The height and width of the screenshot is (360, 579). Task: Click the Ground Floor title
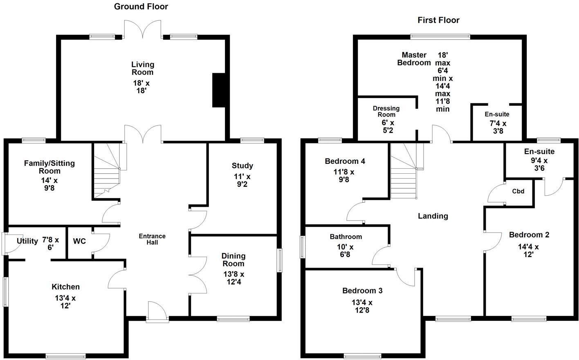pos(141,7)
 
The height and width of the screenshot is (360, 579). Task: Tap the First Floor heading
pos(438,20)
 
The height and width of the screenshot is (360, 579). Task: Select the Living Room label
pos(142,68)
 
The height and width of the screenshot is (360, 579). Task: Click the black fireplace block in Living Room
pos(219,90)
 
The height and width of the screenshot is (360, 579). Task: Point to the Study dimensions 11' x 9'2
pos(242,180)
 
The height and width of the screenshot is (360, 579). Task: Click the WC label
pos(79,241)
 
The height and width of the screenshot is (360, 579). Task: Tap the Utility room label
pos(27,241)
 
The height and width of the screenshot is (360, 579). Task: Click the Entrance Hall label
pos(152,239)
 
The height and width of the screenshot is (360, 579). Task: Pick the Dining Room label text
pos(233,259)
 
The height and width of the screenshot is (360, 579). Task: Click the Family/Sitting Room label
pos(49,167)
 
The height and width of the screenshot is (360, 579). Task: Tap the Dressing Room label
pos(386,112)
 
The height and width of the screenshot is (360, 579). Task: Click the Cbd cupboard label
pos(518,191)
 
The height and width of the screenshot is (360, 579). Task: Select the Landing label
pos(433,216)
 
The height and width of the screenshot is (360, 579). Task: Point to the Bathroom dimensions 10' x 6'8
pos(345,250)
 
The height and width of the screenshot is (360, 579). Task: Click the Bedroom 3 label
pos(362,291)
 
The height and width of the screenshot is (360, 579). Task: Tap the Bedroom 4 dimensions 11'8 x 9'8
pos(344,175)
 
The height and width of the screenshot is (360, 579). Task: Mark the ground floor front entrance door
pos(157,313)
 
